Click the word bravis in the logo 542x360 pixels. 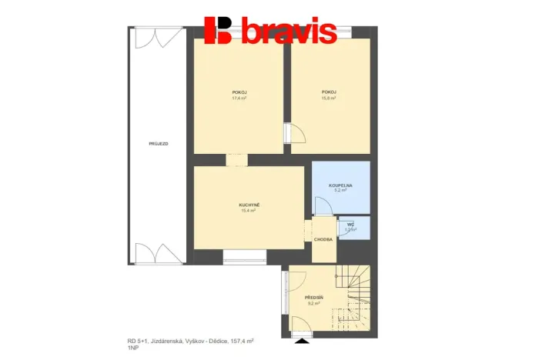tap(289, 32)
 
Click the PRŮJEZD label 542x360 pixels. tap(159, 144)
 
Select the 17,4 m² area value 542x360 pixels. tap(239, 98)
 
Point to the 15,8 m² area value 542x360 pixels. tap(329, 98)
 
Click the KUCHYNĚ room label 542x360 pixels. tap(249, 205)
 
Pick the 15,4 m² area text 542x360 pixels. tap(248, 211)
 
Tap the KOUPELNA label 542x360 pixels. tap(340, 185)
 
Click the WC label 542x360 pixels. tap(350, 224)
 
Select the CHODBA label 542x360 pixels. tap(323, 239)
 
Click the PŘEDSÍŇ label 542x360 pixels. tap(313, 297)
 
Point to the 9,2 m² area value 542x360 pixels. tap(313, 303)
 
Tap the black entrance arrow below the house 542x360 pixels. tap(299, 338)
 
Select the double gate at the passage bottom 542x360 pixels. tap(159, 254)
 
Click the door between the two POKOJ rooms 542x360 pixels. tap(294, 134)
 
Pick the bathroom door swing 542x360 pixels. tap(321, 205)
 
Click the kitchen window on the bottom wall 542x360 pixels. tap(244, 254)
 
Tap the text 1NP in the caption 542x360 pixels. tap(132, 348)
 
